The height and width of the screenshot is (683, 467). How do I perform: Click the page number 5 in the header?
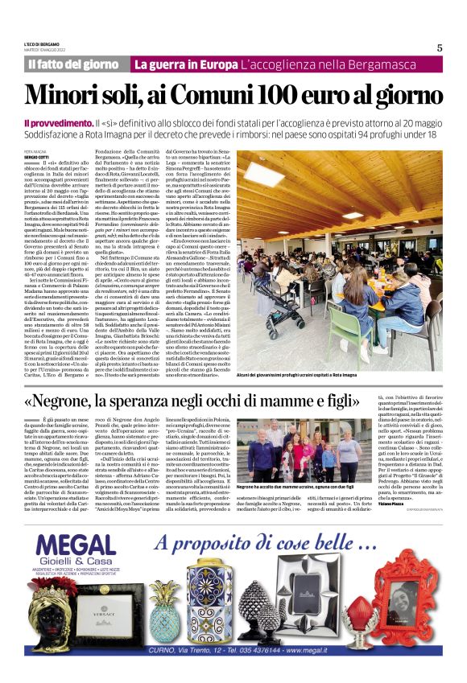point(440,47)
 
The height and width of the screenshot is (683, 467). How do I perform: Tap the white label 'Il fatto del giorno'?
point(73,64)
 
